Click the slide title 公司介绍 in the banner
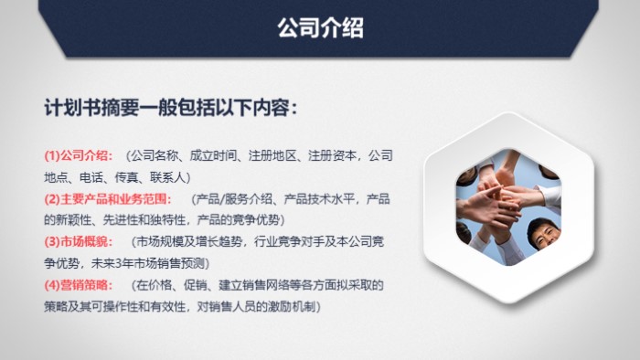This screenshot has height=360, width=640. tap(320, 28)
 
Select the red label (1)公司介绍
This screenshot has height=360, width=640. tap(79, 154)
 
